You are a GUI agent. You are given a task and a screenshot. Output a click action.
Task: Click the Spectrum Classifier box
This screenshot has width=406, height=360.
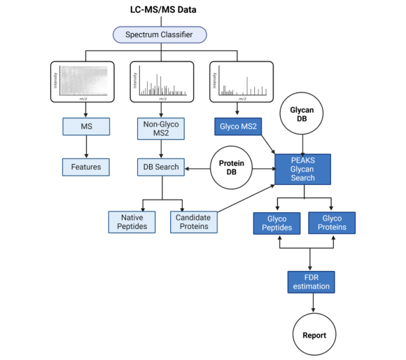160,34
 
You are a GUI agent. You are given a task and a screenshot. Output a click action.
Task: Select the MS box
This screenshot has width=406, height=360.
87,127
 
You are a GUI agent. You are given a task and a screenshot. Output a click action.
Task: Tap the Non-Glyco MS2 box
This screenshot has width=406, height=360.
160,129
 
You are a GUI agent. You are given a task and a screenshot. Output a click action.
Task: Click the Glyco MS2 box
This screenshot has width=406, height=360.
238,126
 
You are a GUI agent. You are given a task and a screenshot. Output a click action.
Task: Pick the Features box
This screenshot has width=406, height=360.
85,167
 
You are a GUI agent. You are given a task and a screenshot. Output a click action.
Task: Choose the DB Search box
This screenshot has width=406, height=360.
160,167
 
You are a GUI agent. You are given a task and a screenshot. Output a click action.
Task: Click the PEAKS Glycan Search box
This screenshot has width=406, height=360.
302,169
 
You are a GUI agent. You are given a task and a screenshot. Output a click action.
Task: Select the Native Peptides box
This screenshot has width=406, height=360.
132,222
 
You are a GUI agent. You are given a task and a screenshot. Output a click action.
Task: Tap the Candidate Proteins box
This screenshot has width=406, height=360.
193,222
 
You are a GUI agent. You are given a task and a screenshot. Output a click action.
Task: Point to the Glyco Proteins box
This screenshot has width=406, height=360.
332,223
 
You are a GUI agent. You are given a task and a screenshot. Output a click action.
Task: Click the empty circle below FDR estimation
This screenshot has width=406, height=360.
313,334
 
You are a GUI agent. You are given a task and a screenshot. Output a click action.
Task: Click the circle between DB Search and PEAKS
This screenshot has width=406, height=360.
230,167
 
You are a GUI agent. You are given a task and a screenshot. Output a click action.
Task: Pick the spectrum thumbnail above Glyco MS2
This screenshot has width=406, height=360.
241,82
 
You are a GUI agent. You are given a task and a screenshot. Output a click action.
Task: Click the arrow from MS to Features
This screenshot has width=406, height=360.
87,146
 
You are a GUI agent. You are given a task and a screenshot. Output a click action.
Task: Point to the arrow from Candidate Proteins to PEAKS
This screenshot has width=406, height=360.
245,198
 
